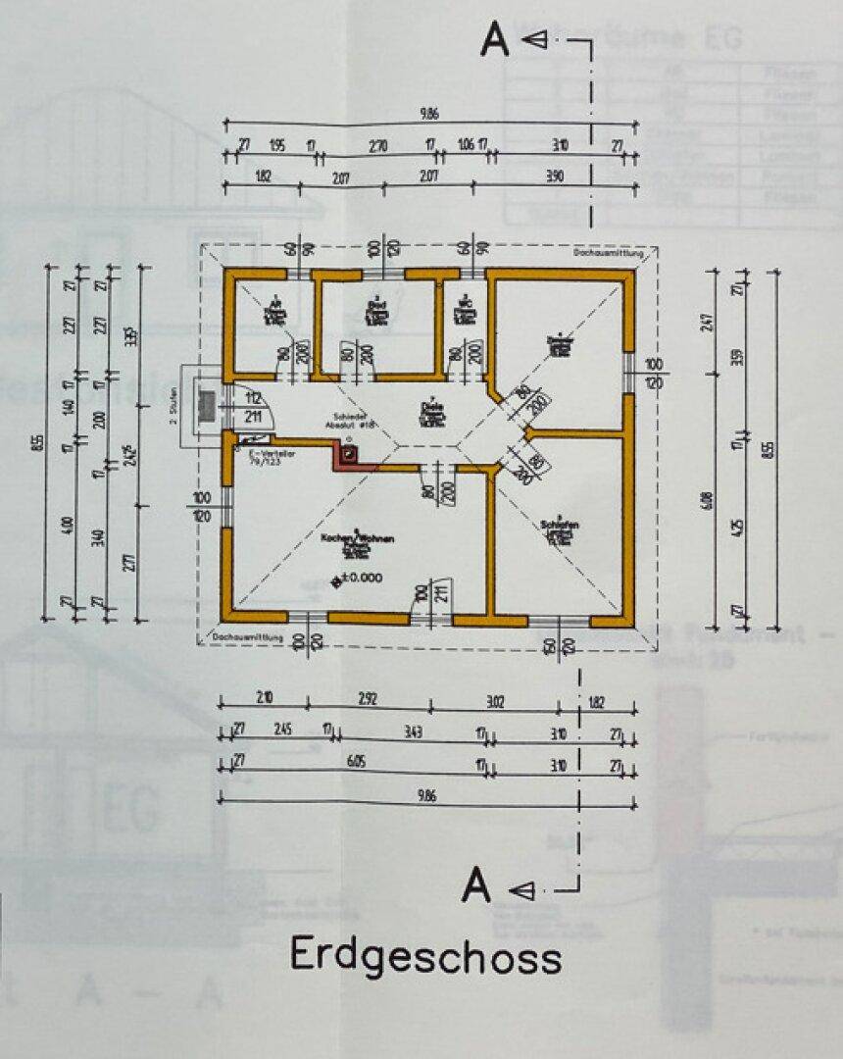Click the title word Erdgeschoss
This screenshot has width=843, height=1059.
(x=425, y=955)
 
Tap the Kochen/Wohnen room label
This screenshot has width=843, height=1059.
(x=342, y=539)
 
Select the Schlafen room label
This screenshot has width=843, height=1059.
(x=560, y=526)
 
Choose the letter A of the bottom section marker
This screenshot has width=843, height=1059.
(x=476, y=885)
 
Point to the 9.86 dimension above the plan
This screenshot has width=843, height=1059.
(x=428, y=114)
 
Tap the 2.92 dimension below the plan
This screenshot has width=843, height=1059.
(x=368, y=699)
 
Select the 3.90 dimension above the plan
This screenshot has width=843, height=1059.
(x=554, y=176)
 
